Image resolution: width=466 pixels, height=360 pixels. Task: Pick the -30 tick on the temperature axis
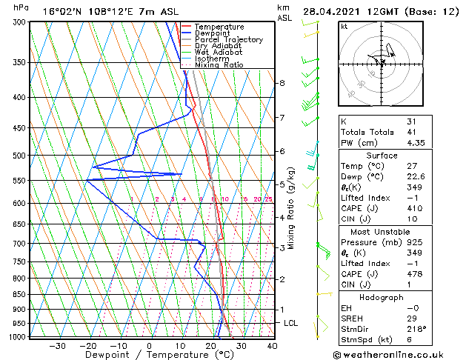pos(56,346)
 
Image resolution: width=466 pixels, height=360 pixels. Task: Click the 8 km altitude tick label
pos(282,83)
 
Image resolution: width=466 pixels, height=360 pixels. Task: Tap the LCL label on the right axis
pos(291,324)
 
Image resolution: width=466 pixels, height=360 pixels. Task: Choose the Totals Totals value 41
pos(411,132)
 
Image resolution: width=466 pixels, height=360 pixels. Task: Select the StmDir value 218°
pos(416,329)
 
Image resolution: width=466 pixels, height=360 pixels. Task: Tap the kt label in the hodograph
pos(344,27)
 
